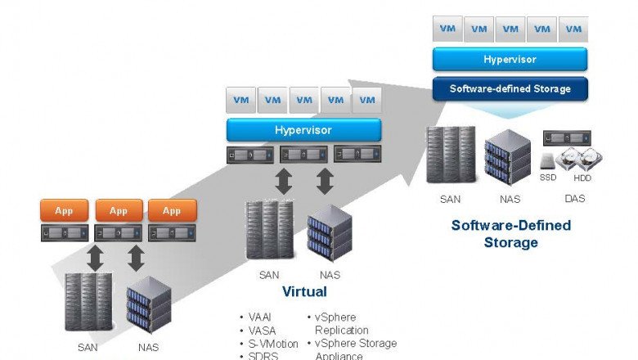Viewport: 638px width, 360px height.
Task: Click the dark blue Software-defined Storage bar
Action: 510,88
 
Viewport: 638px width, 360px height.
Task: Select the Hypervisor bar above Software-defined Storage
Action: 510,59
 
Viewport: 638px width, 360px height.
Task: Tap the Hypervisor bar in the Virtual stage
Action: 303,129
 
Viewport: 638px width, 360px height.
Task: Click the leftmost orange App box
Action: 64,211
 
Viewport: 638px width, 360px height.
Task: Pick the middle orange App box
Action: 119,211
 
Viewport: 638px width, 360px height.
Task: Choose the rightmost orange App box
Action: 172,211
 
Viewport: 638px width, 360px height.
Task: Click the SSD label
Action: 548,178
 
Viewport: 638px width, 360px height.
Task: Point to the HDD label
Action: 582,178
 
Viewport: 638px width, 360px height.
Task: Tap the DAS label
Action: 574,198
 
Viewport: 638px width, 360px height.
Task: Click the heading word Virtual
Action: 304,291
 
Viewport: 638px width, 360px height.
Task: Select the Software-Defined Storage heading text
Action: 510,233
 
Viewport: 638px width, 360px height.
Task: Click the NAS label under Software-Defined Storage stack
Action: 510,198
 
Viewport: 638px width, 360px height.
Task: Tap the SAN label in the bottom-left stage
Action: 88,347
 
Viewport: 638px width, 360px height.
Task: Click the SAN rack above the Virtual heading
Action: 269,231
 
